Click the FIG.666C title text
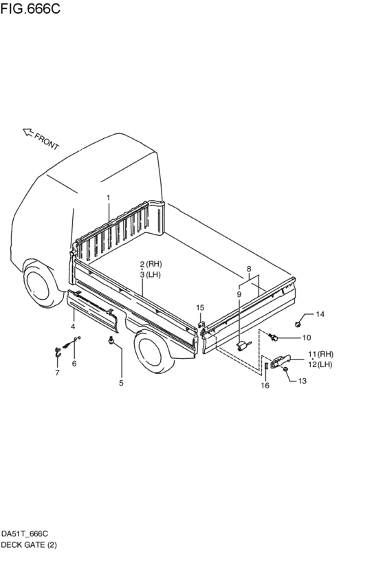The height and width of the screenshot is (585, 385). [x=30, y=8]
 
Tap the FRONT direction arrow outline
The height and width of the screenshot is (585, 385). [x=28, y=132]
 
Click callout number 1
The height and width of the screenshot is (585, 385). [x=109, y=198]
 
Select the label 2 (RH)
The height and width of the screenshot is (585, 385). [x=151, y=264]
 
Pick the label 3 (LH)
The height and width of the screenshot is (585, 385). [x=151, y=274]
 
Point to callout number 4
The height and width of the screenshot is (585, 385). [x=73, y=327]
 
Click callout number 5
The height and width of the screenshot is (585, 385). [x=121, y=383]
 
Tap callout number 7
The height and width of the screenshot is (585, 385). [x=57, y=373]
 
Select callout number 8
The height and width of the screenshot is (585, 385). [x=249, y=269]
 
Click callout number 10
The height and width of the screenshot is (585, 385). [x=307, y=338]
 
